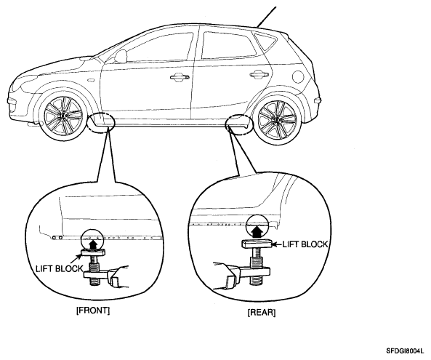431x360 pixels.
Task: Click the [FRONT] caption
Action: click(x=92, y=311)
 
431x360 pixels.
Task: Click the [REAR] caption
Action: click(x=262, y=313)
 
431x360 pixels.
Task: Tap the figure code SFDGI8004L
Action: click(x=405, y=351)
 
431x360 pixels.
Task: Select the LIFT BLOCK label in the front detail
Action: click(x=60, y=268)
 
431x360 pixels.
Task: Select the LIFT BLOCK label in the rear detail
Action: click(x=305, y=244)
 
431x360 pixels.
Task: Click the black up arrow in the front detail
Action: click(x=94, y=244)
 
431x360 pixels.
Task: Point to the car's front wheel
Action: click(x=63, y=116)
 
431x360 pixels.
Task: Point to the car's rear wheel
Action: click(x=277, y=119)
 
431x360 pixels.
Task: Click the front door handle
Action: click(x=180, y=77)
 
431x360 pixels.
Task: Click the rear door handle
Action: click(x=259, y=73)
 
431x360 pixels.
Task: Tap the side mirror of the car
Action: click(x=121, y=56)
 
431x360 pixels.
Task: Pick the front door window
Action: click(x=159, y=47)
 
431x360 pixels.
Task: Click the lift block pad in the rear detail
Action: click(x=257, y=244)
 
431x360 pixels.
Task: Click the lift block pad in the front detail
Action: click(x=93, y=252)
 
